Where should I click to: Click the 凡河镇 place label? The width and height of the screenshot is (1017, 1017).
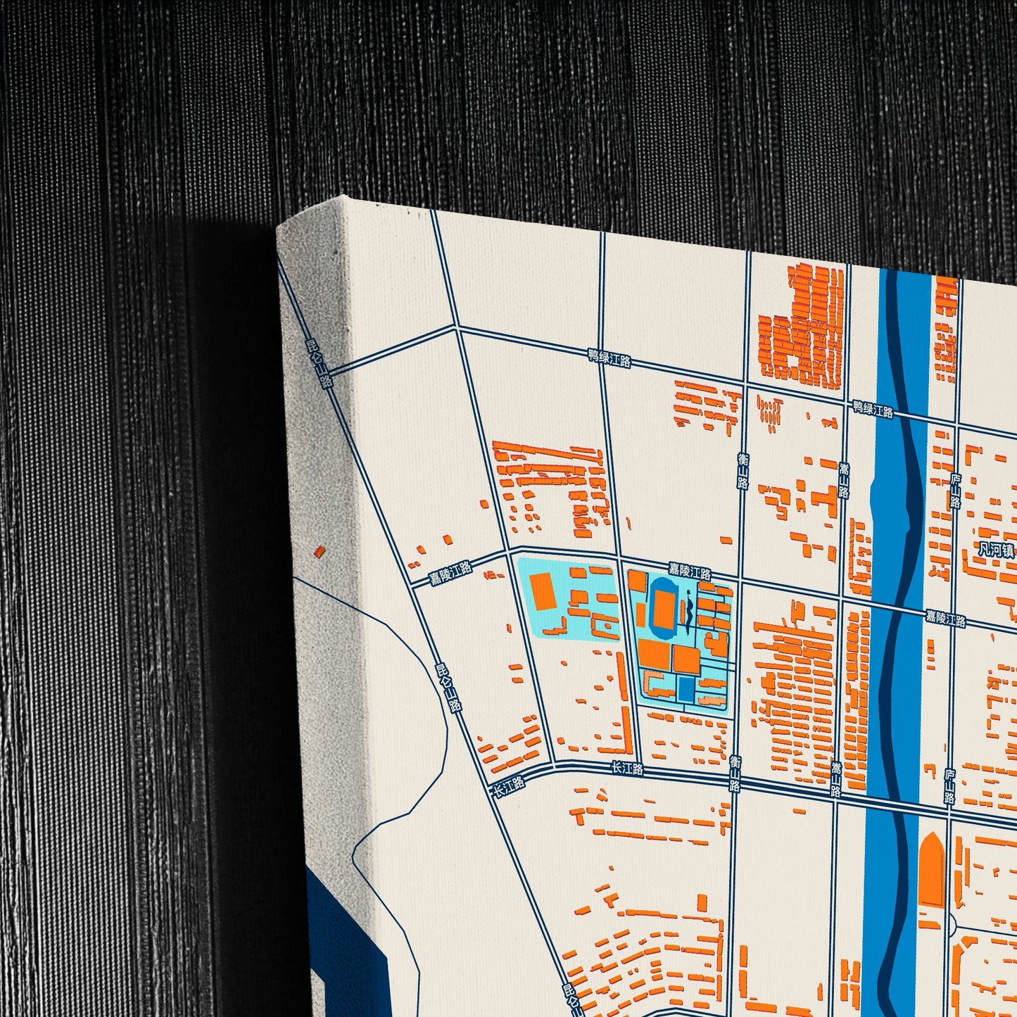pos(995,549)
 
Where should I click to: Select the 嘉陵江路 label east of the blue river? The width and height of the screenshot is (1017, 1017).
pos(945,619)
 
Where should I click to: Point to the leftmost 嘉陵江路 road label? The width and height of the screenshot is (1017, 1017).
pos(451,574)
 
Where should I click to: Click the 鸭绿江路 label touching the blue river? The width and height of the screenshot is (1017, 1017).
pos(873,409)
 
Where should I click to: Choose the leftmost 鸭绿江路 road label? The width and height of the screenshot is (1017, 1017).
pos(609,358)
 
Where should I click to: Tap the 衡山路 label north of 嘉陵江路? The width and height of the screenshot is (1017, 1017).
pos(743,470)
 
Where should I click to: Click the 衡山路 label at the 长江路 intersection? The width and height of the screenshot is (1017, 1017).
pos(735,773)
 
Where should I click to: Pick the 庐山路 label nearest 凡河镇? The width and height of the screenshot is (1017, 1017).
pos(955,491)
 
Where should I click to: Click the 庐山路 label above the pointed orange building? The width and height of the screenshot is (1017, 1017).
pos(949,785)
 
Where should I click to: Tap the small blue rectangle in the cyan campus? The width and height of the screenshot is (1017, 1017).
pos(686,688)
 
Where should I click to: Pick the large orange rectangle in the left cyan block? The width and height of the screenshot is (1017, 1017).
pos(543,591)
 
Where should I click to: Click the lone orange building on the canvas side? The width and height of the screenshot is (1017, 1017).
pos(320,551)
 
